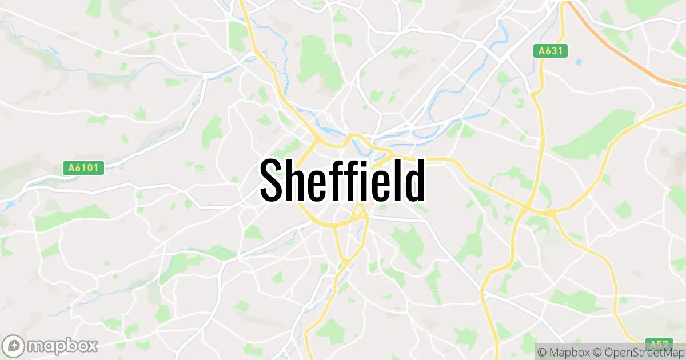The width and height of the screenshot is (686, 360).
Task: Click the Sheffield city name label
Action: coord(342,180)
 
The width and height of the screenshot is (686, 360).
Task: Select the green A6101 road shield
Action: coord(83,168)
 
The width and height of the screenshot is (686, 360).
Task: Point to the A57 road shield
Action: coord(660,344)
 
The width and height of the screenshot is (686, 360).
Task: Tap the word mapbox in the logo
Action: coord(63,346)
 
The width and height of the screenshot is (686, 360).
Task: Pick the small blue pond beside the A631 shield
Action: coord(579,61)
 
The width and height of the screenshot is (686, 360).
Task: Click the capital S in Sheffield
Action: coord(273,181)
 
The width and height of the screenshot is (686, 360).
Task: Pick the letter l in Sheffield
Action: coord(396,180)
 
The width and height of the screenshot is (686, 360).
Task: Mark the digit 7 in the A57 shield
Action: coord(666,344)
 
